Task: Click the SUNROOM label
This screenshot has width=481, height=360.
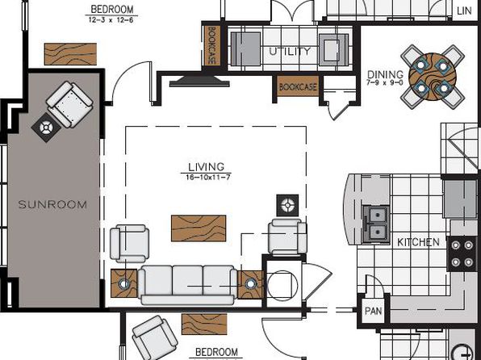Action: [x=52, y=204]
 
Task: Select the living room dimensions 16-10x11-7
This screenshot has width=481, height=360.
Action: [x=208, y=177]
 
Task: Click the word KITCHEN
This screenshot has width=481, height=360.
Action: [x=418, y=242]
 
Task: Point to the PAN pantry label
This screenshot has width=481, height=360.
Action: [x=374, y=311]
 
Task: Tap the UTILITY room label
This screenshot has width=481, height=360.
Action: [x=290, y=51]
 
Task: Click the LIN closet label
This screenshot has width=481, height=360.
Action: [x=464, y=10]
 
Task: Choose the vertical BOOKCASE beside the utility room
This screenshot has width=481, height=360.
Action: [x=211, y=45]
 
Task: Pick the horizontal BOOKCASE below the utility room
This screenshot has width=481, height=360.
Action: [x=298, y=86]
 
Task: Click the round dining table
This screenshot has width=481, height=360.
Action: [x=433, y=76]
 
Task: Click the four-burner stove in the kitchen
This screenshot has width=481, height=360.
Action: [x=462, y=253]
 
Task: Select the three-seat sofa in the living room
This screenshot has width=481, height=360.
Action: [x=188, y=285]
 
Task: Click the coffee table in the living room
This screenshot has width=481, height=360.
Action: [x=199, y=228]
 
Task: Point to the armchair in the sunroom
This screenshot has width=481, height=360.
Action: [x=69, y=104]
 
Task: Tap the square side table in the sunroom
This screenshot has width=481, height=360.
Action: [x=46, y=128]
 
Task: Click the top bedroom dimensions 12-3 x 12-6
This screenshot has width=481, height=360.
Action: [x=111, y=20]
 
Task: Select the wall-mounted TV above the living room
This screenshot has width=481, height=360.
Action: [x=199, y=81]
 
